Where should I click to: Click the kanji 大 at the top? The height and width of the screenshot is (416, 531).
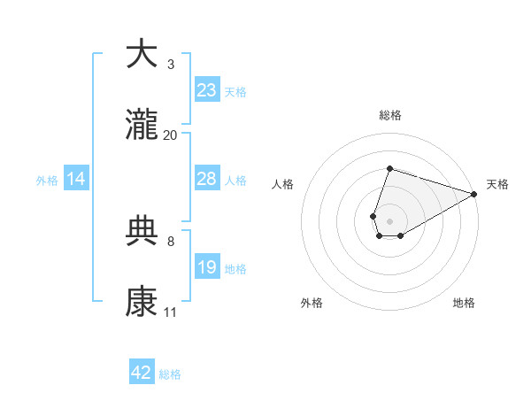(x=142, y=54)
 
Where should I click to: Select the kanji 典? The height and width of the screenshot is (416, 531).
(x=142, y=231)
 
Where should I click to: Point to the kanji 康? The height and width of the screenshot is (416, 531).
(x=142, y=302)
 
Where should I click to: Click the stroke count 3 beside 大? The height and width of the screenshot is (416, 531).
(x=170, y=65)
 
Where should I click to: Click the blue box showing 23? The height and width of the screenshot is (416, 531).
(x=207, y=90)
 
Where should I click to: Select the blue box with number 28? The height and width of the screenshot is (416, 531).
(x=207, y=179)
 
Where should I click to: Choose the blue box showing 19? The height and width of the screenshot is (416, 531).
(x=207, y=267)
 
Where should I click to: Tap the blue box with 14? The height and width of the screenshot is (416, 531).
(x=76, y=179)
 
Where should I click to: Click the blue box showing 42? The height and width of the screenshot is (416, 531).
(x=142, y=373)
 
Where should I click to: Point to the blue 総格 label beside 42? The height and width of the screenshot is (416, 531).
(x=170, y=374)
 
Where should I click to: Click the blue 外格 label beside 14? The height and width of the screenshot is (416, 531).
(x=47, y=181)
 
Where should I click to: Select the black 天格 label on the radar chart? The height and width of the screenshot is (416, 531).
(x=497, y=184)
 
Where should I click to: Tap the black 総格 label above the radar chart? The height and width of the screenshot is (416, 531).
(x=389, y=115)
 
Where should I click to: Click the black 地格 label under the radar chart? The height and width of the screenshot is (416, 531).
(x=464, y=303)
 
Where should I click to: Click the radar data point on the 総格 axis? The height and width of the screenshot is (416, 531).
(x=389, y=168)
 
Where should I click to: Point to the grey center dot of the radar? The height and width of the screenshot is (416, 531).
(x=389, y=220)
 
